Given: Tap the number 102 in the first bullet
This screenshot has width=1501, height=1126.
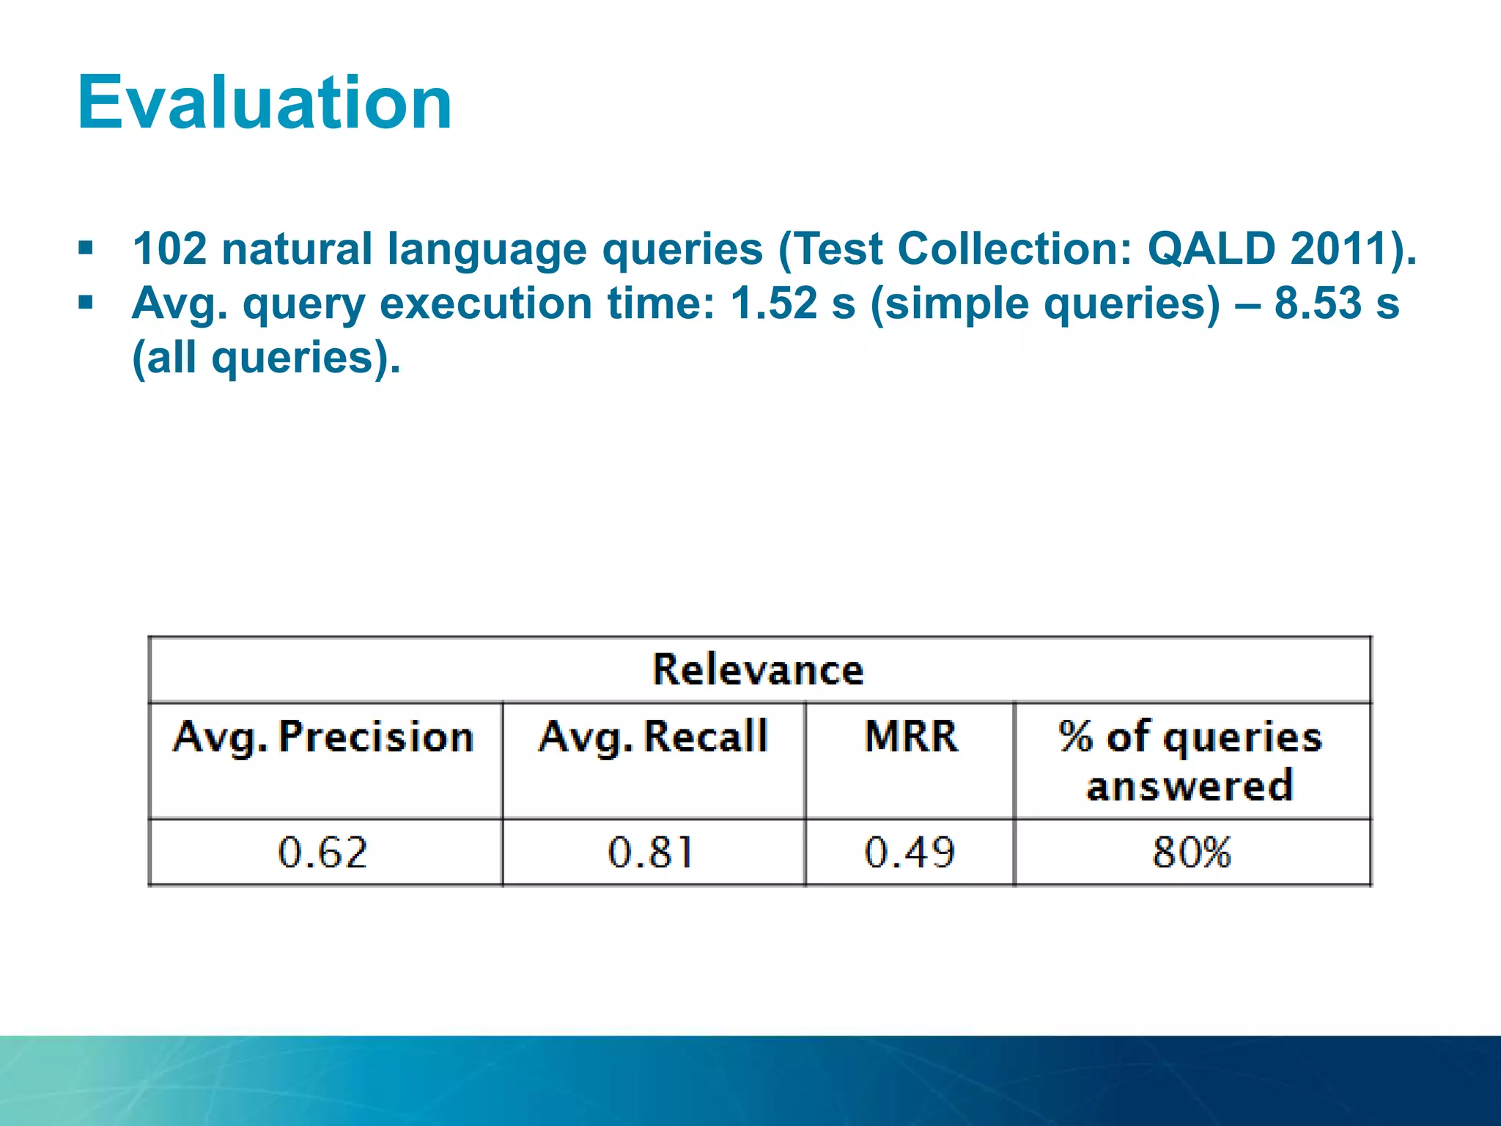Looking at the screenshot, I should click(170, 249).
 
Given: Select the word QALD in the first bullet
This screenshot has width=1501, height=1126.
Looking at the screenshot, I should click(1212, 249).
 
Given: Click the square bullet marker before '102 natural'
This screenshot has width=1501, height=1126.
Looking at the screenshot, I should click(86, 249).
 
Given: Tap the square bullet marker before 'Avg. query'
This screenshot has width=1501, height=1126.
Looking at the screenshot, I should click(86, 302).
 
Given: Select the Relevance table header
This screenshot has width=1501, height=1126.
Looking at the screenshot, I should click(759, 670).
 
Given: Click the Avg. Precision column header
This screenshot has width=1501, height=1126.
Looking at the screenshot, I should click(324, 737).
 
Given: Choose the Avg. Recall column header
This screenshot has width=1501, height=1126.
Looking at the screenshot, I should click(653, 737).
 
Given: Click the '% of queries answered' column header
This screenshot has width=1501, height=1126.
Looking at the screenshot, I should click(1191, 761).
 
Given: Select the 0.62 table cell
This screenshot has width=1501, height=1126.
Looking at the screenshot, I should click(322, 853).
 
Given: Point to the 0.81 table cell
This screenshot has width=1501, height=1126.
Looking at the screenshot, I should click(651, 853).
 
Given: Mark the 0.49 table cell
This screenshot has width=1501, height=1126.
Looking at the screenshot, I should click(910, 853).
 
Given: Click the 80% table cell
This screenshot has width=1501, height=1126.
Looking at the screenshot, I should click(1192, 853).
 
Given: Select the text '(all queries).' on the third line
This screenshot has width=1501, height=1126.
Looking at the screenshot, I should click(266, 358).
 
